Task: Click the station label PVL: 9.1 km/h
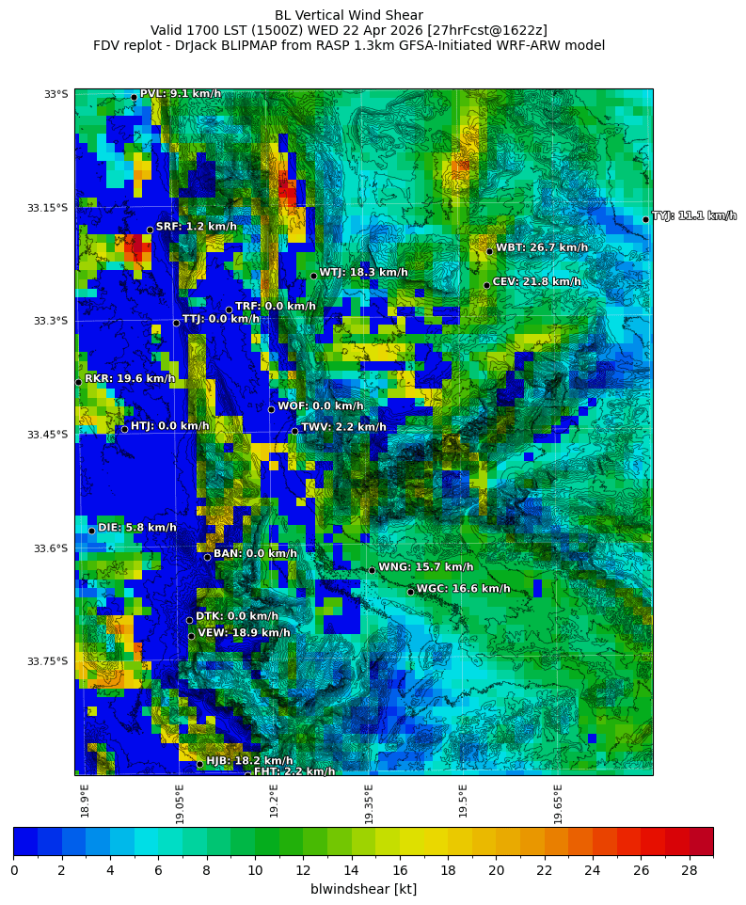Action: [181, 94]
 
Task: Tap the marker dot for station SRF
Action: [150, 230]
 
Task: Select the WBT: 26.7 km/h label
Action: [542, 248]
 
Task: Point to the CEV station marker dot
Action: [486, 285]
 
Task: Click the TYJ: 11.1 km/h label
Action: [694, 216]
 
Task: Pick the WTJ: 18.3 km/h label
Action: [363, 273]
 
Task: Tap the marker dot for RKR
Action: [78, 382]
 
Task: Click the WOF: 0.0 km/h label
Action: [320, 406]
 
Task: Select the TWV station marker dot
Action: [294, 431]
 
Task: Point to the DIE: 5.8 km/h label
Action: [137, 528]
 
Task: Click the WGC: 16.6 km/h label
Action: [463, 589]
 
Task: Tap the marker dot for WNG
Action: [372, 570]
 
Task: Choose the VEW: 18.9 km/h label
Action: [244, 633]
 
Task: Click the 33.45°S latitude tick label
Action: [49, 435]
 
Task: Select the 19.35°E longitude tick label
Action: [370, 803]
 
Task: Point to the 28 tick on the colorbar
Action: [689, 870]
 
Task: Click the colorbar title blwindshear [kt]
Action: [363, 889]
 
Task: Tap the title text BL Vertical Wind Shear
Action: [349, 15]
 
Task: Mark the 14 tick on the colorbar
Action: [351, 870]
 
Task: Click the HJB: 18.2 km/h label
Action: [249, 761]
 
